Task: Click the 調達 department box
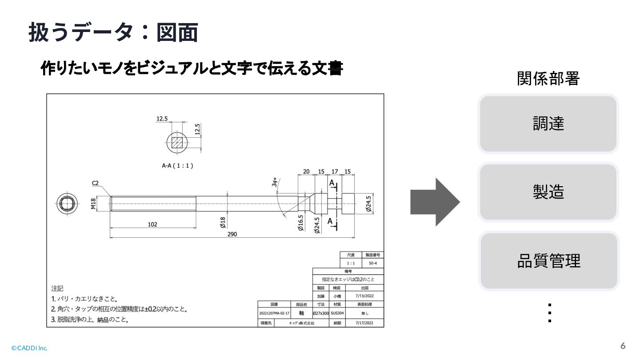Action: click(x=548, y=124)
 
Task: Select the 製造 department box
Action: click(x=548, y=192)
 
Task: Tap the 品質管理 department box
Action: click(x=549, y=261)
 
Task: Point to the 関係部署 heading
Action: click(x=548, y=79)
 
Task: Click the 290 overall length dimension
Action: click(x=232, y=234)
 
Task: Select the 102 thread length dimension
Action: click(x=152, y=224)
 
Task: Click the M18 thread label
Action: click(x=94, y=204)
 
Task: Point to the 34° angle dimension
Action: click(x=275, y=182)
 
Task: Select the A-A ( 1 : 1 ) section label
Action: click(x=177, y=165)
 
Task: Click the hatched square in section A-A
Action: click(x=177, y=142)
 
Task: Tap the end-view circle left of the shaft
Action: click(x=68, y=204)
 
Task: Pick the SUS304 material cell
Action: click(x=336, y=313)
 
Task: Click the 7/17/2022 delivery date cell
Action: click(x=364, y=323)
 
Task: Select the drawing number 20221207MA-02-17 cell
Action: click(x=274, y=313)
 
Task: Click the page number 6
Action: click(x=623, y=346)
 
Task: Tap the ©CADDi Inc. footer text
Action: click(x=29, y=348)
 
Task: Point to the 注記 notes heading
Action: click(x=57, y=288)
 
